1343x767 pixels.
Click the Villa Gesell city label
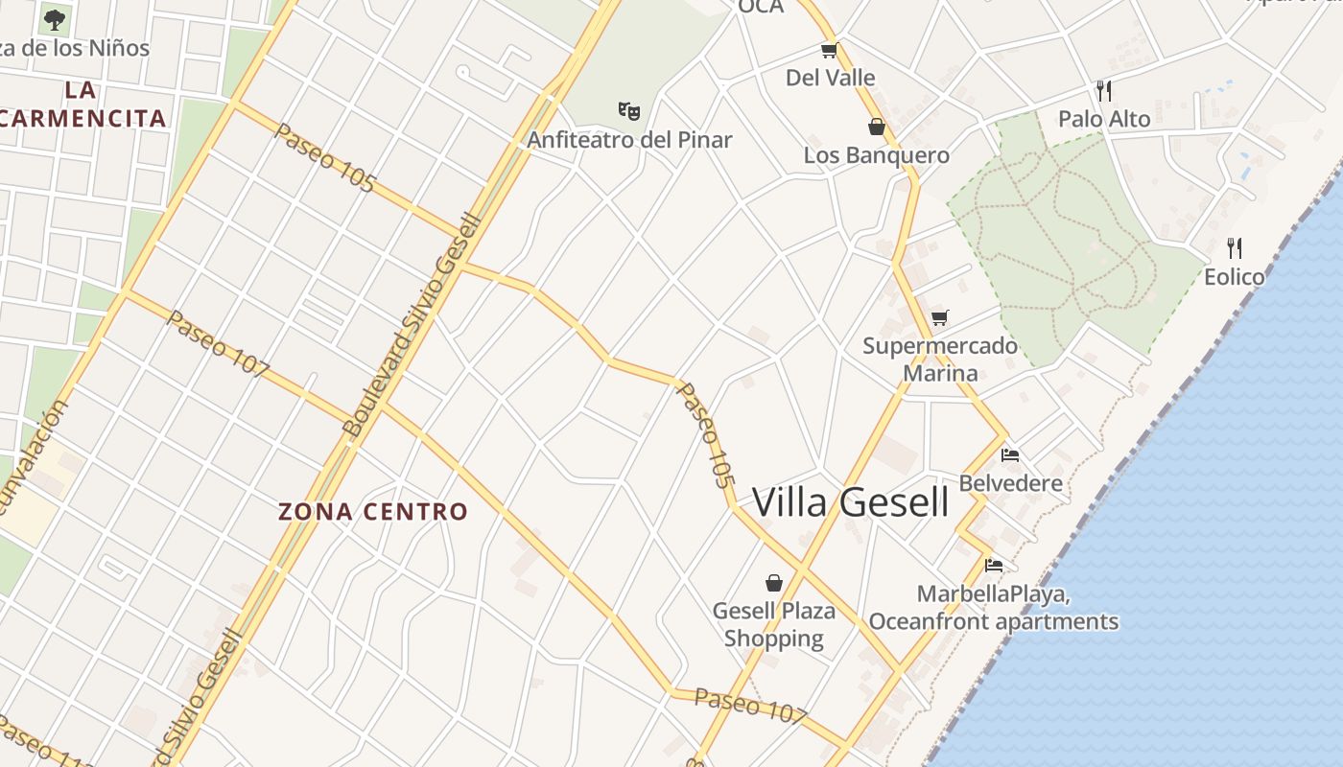(850, 502)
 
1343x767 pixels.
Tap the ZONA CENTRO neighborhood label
(373, 512)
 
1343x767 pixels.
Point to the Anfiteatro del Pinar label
(629, 140)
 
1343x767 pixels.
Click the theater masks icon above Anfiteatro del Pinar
(629, 110)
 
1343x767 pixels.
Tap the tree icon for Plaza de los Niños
(55, 18)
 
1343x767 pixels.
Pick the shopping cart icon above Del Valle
(830, 50)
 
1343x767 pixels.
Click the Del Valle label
(831, 78)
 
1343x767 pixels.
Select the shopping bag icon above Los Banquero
(876, 126)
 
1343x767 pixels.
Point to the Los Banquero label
(877, 155)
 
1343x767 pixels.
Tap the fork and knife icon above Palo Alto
(1104, 91)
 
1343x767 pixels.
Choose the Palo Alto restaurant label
(1104, 119)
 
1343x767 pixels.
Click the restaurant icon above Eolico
(1235, 248)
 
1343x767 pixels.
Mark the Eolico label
(1235, 277)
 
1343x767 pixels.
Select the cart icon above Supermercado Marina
(940, 317)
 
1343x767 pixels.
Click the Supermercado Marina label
(940, 360)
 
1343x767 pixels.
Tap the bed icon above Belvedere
(1010, 454)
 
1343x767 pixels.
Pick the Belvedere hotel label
(1011, 483)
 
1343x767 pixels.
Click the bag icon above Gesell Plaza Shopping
(774, 582)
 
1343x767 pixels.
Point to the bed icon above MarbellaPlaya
(994, 566)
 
